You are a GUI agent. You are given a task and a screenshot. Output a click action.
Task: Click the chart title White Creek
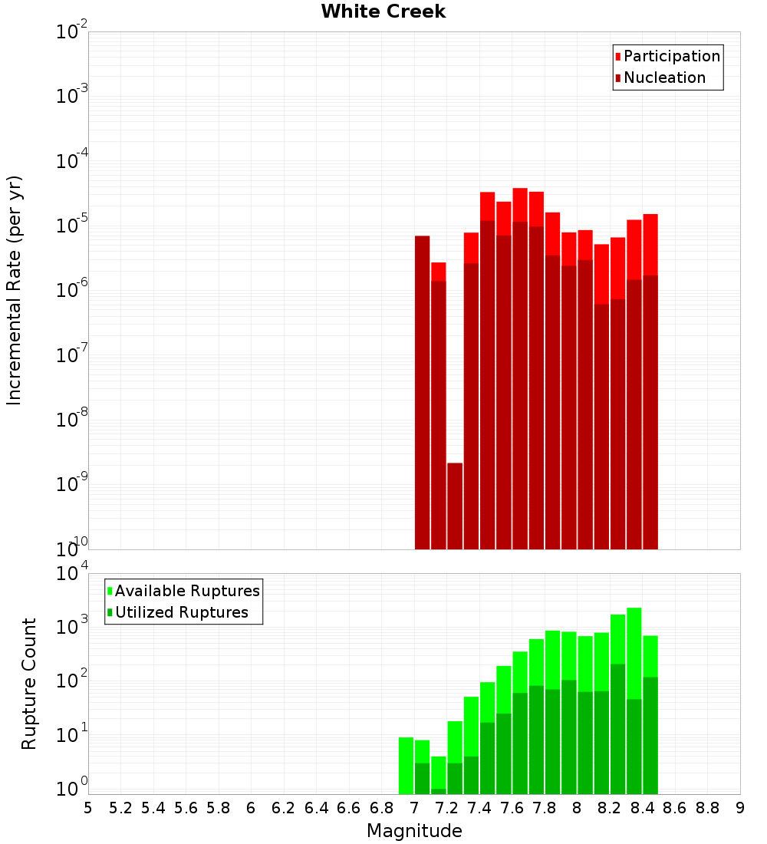pos(383,12)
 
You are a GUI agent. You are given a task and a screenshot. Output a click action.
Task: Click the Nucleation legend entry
pos(664,77)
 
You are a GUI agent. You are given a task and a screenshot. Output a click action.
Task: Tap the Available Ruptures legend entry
pos(186,591)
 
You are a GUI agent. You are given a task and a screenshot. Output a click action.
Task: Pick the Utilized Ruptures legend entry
pos(181,612)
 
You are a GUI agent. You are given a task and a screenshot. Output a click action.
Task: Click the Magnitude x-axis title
pos(414,831)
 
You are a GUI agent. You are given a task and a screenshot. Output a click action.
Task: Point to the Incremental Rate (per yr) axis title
pos(15,290)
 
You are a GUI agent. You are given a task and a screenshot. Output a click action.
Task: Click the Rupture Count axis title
pos(29,684)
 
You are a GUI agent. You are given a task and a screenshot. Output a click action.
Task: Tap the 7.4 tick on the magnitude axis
pos(479,808)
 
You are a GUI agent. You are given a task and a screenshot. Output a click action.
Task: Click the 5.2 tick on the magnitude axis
pos(120,808)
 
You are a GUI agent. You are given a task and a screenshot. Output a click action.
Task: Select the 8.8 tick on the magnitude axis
pos(707,808)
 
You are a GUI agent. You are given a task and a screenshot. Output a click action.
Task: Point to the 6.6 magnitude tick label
pos(349,808)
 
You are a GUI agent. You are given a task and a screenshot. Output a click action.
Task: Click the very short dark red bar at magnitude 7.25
pos(455,506)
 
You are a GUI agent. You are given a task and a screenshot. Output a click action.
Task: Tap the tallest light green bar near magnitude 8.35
pos(634,652)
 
